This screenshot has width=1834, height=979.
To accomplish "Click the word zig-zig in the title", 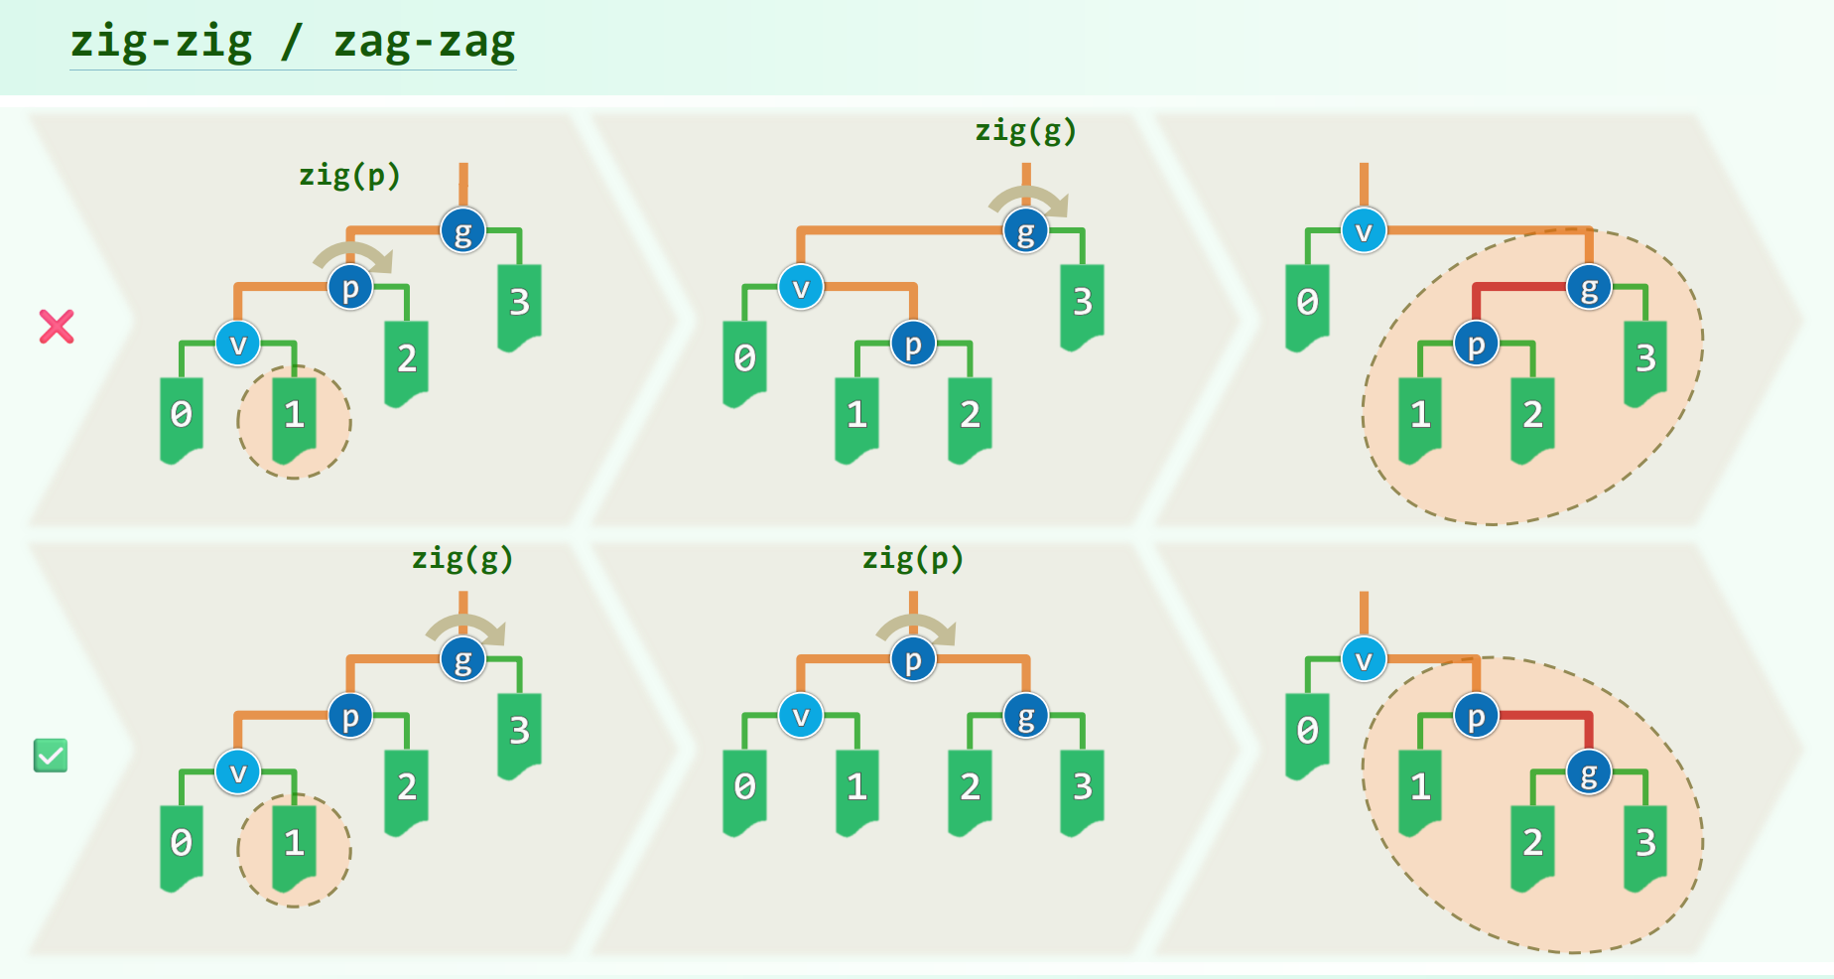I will (161, 42).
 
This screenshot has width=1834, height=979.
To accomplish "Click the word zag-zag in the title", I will (424, 42).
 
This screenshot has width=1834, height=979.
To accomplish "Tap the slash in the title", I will (291, 42).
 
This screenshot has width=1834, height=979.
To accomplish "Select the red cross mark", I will (57, 327).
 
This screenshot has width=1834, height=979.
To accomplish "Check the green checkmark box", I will (51, 756).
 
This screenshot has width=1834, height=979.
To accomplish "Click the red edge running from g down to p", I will (1518, 288).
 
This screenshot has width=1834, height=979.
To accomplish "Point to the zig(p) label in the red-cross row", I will (349, 176).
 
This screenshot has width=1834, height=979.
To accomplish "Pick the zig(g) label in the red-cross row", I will (1025, 131).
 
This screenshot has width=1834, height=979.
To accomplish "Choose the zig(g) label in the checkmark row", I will (462, 559).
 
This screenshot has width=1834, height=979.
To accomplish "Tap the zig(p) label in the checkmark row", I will (912, 559).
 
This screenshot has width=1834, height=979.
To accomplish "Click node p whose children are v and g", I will (913, 660).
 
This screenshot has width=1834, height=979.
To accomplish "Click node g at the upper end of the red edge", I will (1589, 288).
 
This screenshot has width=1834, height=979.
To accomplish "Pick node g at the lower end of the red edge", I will (1589, 772).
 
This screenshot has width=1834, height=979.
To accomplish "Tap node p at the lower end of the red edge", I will (1476, 345).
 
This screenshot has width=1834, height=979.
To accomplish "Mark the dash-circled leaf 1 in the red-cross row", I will (294, 417).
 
